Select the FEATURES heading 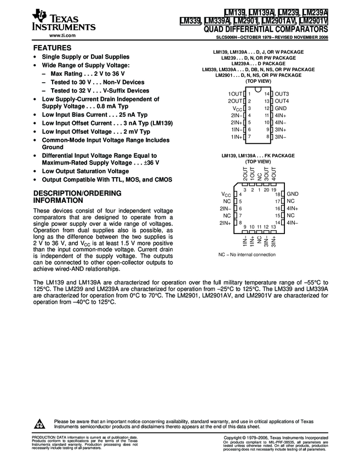pyautogui.click(x=52, y=48)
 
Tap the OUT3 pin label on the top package pyautogui.click(x=282, y=94)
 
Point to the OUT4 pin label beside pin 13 pyautogui.click(x=282, y=101)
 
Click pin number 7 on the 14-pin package pyautogui.click(x=249, y=136)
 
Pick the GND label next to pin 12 pyautogui.click(x=281, y=109)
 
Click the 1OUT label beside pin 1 pyautogui.click(x=235, y=94)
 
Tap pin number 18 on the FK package pyautogui.click(x=278, y=195)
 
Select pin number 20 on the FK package pyautogui.click(x=266, y=190)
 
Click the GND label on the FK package pyautogui.click(x=292, y=194)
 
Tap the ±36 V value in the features pyautogui.click(x=150, y=163)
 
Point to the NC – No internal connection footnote pyautogui.click(x=247, y=255)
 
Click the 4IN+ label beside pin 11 pyautogui.click(x=281, y=116)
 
